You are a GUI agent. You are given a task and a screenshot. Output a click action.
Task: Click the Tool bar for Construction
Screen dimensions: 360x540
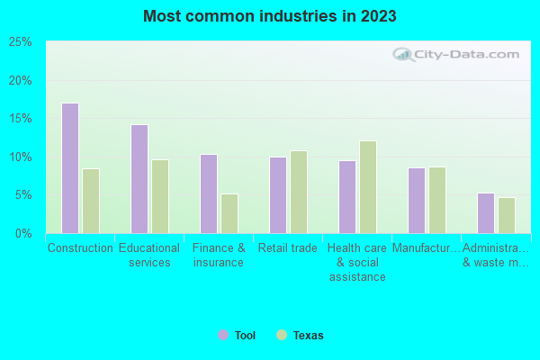click(x=70, y=168)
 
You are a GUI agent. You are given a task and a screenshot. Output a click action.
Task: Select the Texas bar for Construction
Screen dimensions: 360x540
click(x=91, y=201)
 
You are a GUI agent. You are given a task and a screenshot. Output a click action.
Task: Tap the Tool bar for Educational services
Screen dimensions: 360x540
click(x=139, y=179)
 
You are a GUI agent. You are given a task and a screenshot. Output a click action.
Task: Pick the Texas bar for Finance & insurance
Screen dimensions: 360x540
click(x=229, y=213)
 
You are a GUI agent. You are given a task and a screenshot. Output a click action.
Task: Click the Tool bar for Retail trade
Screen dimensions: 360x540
click(x=278, y=195)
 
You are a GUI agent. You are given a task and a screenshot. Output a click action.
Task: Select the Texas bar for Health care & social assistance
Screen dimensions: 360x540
click(x=368, y=187)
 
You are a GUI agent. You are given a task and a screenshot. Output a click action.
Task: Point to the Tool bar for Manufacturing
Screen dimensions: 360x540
click(x=417, y=201)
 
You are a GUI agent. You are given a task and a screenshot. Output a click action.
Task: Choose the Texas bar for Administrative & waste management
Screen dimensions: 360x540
click(x=507, y=215)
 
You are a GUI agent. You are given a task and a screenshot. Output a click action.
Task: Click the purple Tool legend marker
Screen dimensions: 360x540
click(x=223, y=335)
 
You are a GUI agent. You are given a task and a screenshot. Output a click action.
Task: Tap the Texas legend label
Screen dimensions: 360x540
click(x=308, y=336)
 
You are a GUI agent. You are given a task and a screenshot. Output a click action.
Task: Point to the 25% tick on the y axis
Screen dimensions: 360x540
click(x=21, y=42)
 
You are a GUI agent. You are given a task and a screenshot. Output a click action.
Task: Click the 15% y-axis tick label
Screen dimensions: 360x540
click(x=21, y=119)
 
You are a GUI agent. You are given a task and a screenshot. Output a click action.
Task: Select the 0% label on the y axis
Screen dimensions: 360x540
click(x=24, y=234)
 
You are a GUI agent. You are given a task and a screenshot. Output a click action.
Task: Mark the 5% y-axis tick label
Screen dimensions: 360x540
click(x=24, y=195)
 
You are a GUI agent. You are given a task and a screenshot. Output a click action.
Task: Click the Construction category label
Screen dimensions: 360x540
click(x=80, y=248)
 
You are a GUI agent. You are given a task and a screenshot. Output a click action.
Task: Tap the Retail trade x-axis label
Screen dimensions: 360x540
click(x=288, y=248)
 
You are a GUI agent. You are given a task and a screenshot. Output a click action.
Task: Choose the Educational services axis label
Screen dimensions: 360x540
click(x=149, y=256)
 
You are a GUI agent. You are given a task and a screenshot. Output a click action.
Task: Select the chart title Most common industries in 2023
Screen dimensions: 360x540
click(x=270, y=16)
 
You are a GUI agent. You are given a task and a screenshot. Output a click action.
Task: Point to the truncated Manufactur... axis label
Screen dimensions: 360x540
click(x=427, y=248)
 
